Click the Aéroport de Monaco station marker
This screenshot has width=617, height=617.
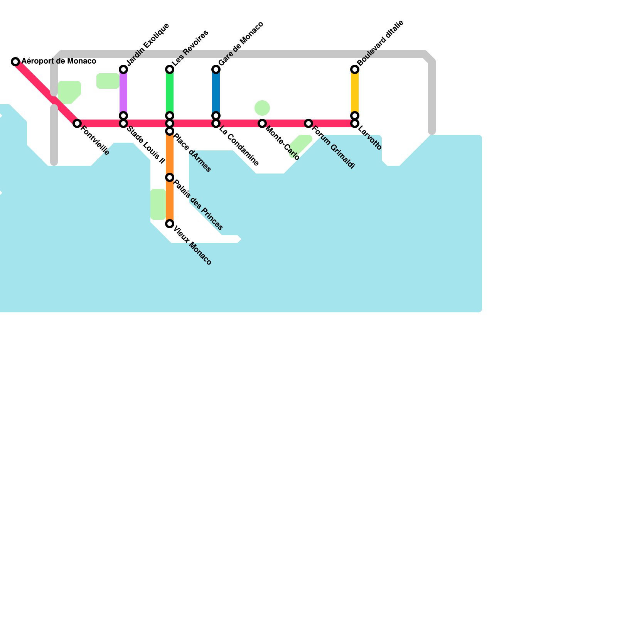coord(15,61)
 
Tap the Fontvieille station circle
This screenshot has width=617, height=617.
coord(77,123)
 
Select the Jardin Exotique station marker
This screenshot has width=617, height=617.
coord(123,69)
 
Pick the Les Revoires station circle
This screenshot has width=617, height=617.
coord(170,69)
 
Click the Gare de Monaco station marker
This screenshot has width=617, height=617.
coord(216,69)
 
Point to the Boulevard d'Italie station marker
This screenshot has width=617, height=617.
coord(355,69)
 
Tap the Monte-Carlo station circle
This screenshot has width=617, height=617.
coord(262,123)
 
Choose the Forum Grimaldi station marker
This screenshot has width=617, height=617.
coord(308,123)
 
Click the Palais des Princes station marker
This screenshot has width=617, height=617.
coord(170,177)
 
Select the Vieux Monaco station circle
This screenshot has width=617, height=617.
coord(170,224)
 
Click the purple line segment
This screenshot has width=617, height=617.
coord(123,93)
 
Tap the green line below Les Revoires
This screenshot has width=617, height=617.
coord(170,93)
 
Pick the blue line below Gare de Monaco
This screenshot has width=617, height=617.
coord(216,93)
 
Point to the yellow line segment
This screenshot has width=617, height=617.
coord(355,93)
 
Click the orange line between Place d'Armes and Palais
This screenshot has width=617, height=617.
coord(170,154)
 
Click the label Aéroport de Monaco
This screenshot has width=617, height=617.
coord(59,61)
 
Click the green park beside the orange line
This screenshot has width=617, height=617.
coord(158,204)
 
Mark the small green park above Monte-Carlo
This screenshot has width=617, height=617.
coord(262,108)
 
